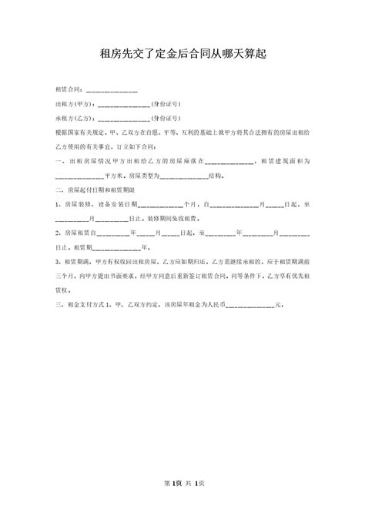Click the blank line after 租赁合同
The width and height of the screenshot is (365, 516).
(112, 91)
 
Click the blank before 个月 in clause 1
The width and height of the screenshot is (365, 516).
(162, 204)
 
